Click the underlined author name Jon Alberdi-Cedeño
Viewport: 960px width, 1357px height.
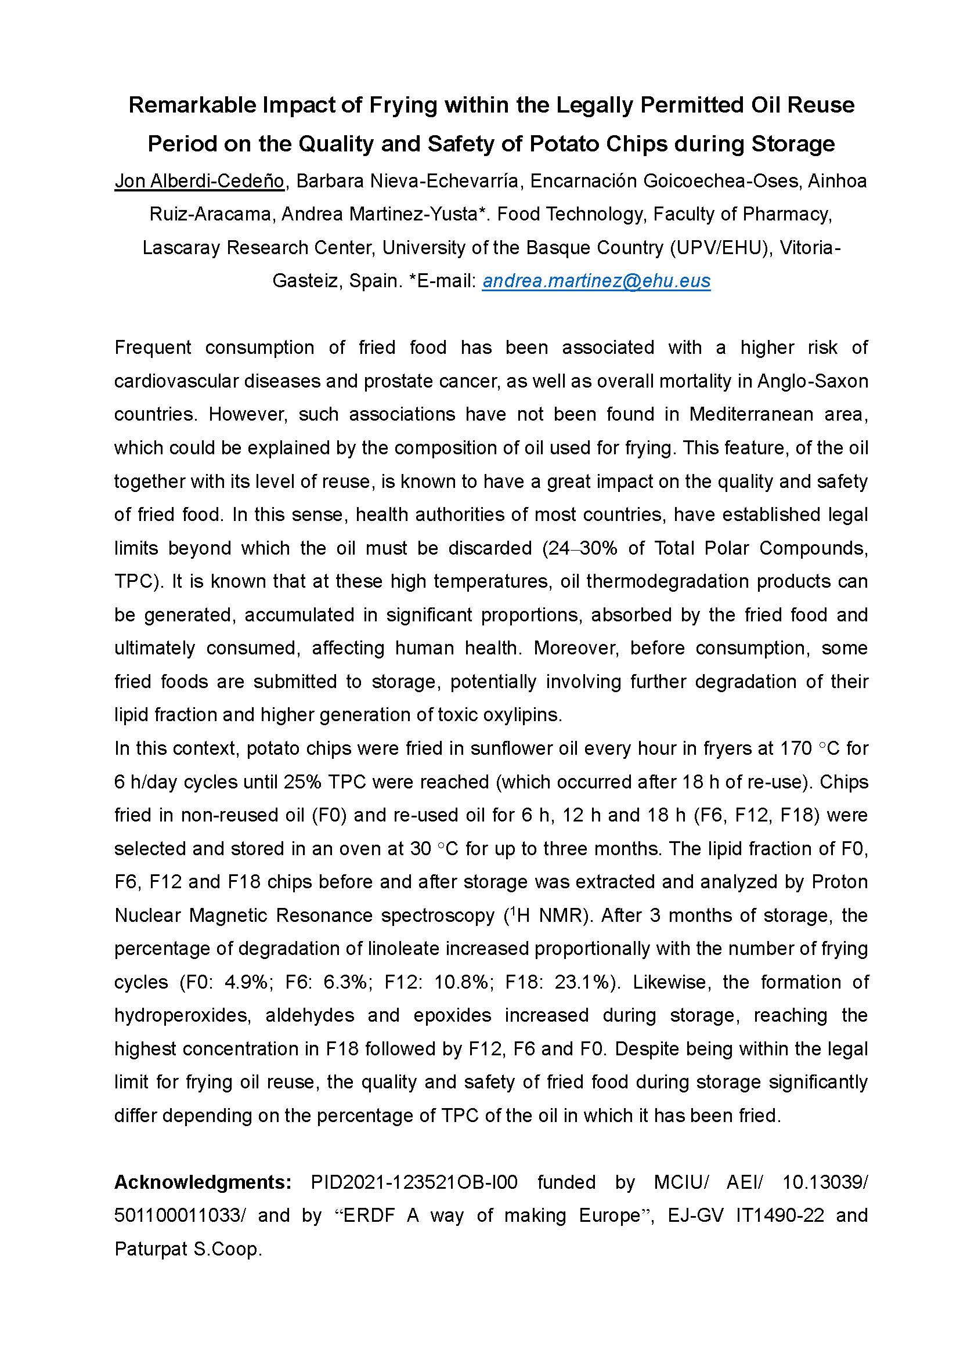199,180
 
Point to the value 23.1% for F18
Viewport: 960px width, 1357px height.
582,982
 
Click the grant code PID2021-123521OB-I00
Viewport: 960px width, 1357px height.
414,1181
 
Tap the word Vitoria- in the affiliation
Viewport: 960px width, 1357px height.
810,247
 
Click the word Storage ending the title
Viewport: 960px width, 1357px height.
793,143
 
